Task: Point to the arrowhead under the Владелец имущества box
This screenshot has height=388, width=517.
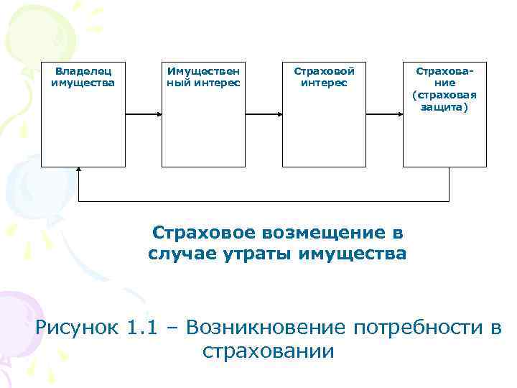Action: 79,171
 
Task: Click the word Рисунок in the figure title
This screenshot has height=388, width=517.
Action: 76,328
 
